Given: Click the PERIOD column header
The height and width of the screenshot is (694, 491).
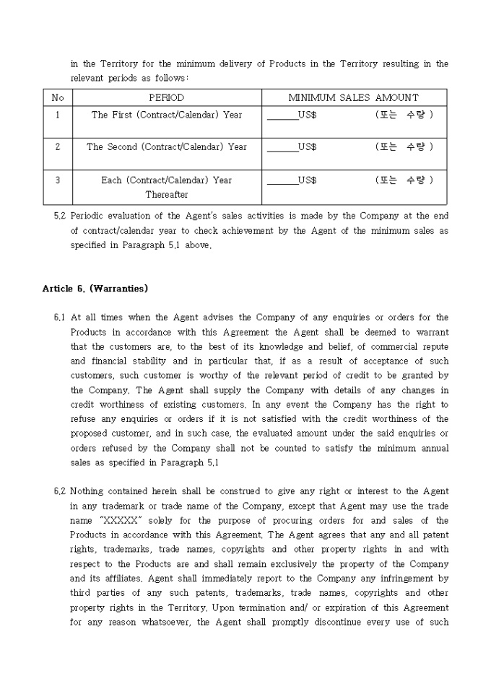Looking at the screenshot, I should pyautogui.click(x=167, y=97).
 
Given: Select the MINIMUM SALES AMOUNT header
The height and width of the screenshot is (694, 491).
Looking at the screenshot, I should pyautogui.click(x=353, y=97).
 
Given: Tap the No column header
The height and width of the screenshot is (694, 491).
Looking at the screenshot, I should pyautogui.click(x=58, y=97).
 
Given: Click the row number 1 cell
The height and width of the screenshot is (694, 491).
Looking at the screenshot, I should pyautogui.click(x=58, y=115).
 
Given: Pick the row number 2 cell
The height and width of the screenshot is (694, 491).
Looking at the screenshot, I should pyautogui.click(x=58, y=146).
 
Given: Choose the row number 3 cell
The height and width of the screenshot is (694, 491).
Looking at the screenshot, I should pyautogui.click(x=58, y=180).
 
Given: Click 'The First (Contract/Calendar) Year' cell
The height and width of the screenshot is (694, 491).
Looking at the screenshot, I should pyautogui.click(x=167, y=115).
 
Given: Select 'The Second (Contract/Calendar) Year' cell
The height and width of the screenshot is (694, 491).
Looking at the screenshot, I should pyautogui.click(x=167, y=146).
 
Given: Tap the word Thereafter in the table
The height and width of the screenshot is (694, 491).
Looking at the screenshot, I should pyautogui.click(x=167, y=195).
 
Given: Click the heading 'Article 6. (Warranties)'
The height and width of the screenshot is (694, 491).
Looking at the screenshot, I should pyautogui.click(x=95, y=289).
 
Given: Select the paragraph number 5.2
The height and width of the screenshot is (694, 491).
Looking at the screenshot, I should pyautogui.click(x=60, y=216).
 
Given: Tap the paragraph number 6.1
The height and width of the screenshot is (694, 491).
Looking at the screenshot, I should pyautogui.click(x=60, y=317).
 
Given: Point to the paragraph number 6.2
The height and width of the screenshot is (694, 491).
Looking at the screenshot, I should pyautogui.click(x=60, y=491).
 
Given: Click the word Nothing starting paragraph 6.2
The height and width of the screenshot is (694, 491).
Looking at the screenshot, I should pyautogui.click(x=89, y=491).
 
